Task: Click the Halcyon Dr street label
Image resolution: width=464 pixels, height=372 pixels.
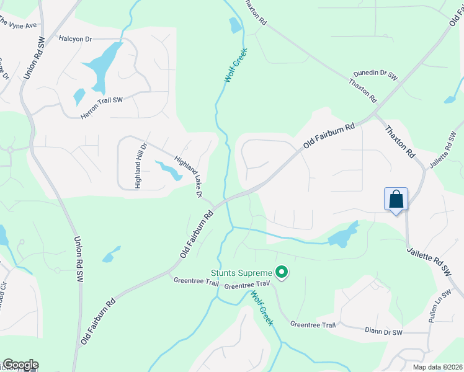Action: pyautogui.click(x=75, y=39)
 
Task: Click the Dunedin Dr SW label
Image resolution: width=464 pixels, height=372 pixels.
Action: pyautogui.click(x=375, y=73)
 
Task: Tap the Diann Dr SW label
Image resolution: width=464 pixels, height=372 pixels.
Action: pyautogui.click(x=384, y=333)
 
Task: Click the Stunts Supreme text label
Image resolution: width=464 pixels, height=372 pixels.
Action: pyautogui.click(x=241, y=273)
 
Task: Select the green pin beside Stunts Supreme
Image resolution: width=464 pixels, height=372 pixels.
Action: pyautogui.click(x=282, y=272)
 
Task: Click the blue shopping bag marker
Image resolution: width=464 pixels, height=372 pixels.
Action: pyautogui.click(x=396, y=200)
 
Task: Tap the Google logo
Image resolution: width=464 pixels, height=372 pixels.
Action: pyautogui.click(x=20, y=365)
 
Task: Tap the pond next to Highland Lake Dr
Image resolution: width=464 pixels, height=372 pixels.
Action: pyautogui.click(x=168, y=169)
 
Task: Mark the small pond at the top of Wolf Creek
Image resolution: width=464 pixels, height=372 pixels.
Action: pyautogui.click(x=236, y=25)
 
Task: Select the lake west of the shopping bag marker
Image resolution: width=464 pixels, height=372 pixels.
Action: pyautogui.click(x=342, y=236)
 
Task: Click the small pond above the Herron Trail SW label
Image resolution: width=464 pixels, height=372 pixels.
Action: pyautogui.click(x=79, y=96)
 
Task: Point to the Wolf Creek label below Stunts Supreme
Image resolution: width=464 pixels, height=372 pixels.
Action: pyautogui.click(x=262, y=307)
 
